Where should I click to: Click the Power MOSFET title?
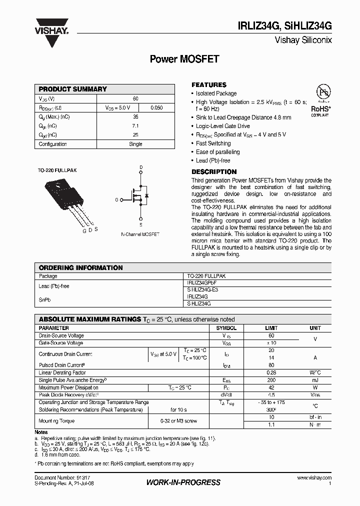pyautogui.click(x=184, y=59)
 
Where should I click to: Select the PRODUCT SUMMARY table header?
pyautogui.click(x=73, y=89)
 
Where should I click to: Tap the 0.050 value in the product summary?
pyautogui.click(x=156, y=107)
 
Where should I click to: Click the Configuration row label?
pyautogui.click(x=53, y=144)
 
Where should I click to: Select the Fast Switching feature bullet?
pyautogui.click(x=213, y=143)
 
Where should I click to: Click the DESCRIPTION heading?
pyautogui.click(x=214, y=171)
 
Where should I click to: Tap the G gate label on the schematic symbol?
pyautogui.click(x=116, y=199)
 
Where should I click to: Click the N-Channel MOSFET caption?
pyautogui.click(x=140, y=234)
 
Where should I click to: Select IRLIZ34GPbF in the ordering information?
pyautogui.click(x=201, y=282)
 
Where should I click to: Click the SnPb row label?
pyautogui.click(x=45, y=300)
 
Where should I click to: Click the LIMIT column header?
pyautogui.click(x=271, y=328)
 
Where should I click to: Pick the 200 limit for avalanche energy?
pyautogui.click(x=271, y=380)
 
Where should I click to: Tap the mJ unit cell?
pyautogui.click(x=315, y=380)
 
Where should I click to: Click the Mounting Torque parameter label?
pyautogui.click(x=56, y=421)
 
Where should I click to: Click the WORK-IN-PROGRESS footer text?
pyautogui.click(x=183, y=482)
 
